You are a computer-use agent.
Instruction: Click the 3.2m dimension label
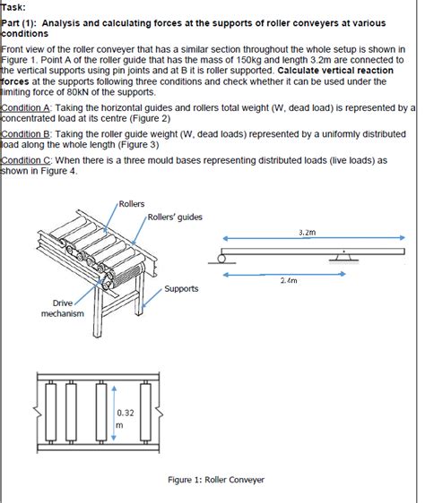307,232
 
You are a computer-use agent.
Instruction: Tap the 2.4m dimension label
289,280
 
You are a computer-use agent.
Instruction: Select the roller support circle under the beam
221,259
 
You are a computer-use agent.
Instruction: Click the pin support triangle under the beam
343,257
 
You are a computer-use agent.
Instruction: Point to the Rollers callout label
132,204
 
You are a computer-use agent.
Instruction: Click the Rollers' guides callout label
175,217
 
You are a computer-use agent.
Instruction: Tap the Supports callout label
181,289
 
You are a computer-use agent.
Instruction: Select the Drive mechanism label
63,308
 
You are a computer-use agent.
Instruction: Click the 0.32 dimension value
126,413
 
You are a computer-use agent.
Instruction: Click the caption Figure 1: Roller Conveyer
216,480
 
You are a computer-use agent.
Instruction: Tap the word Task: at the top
13,7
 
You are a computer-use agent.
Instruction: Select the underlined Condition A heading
26,107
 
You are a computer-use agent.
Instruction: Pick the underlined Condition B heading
26,134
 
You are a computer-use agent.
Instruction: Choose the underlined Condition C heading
26,160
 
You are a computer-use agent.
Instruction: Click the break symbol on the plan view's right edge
159,413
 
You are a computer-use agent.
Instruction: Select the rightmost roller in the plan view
145,413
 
